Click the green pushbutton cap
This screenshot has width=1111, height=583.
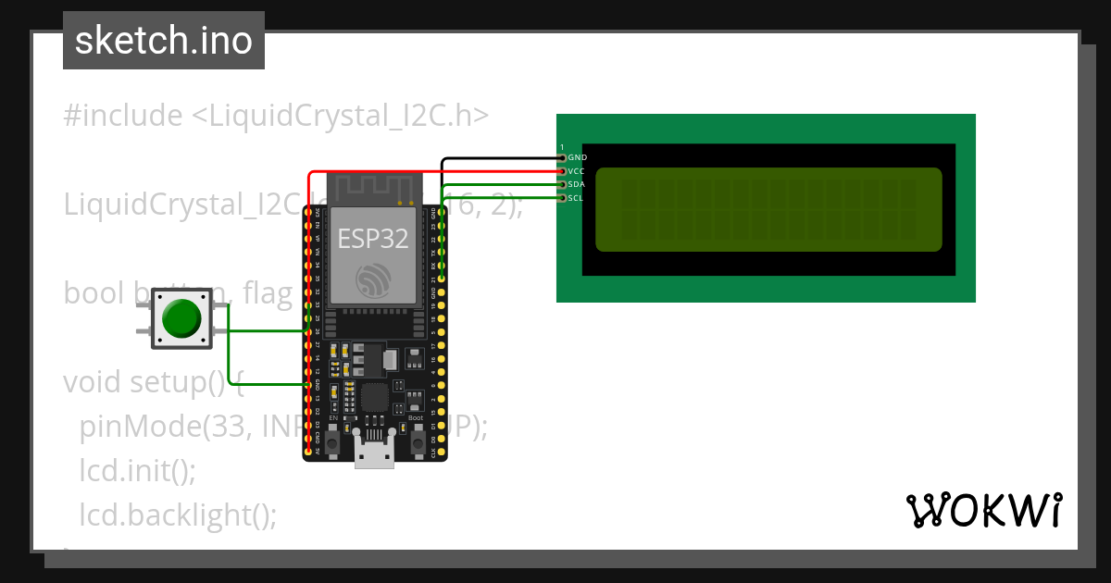(181, 318)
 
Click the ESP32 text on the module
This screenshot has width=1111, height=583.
(372, 238)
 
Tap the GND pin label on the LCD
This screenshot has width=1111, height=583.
(578, 158)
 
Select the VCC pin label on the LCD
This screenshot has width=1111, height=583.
(577, 171)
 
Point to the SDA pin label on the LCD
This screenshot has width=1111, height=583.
(577, 184)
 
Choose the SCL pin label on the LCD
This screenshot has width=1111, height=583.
(576, 197)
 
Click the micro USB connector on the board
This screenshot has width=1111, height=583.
(375, 454)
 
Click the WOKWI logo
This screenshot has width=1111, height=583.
(983, 510)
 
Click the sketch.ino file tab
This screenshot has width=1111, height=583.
(164, 41)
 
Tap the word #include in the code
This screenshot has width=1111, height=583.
(123, 116)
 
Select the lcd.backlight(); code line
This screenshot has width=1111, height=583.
(178, 514)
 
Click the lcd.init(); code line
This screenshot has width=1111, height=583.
(137, 470)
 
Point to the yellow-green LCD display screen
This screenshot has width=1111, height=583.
(768, 209)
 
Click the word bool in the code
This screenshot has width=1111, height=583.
(93, 293)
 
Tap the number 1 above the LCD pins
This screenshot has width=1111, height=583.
(562, 147)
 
